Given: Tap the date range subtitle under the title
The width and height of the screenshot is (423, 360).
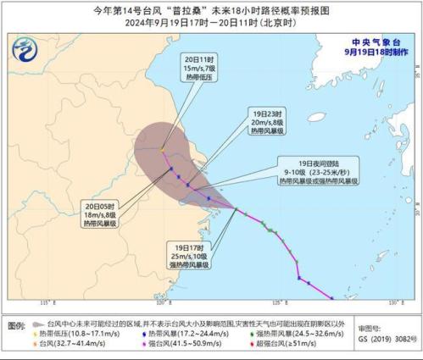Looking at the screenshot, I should click(x=211, y=25).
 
